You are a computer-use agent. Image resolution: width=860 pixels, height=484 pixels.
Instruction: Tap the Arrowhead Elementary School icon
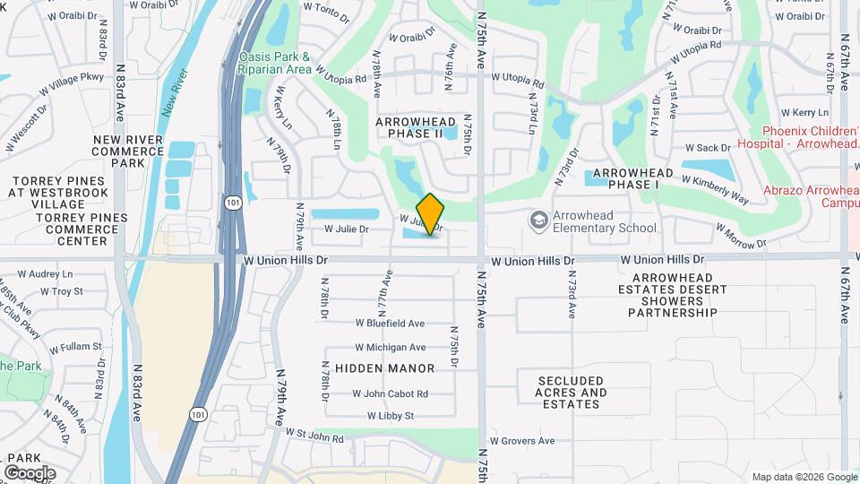point(538,220)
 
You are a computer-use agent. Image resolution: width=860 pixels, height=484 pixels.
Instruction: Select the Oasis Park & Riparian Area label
point(275,63)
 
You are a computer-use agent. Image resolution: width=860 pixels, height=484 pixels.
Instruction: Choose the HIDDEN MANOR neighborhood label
point(384,368)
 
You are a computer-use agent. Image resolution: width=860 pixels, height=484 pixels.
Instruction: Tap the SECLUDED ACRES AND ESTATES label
point(571,393)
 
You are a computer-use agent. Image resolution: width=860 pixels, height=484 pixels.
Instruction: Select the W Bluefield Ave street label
point(389,323)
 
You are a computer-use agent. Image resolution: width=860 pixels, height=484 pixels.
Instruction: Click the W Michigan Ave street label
point(391,347)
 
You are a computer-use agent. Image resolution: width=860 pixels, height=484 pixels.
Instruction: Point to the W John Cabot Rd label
point(390,393)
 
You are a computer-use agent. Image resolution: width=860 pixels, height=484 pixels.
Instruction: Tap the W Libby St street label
point(391,416)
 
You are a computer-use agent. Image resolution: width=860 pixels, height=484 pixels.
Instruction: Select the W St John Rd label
point(314,436)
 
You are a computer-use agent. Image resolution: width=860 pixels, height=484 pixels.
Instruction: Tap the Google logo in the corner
point(29,472)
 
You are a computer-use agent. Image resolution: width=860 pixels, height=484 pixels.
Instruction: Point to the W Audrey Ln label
point(44,274)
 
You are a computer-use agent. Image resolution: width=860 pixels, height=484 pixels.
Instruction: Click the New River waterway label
point(176,92)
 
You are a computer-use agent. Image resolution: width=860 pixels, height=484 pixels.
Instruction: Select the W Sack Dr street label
point(708,147)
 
